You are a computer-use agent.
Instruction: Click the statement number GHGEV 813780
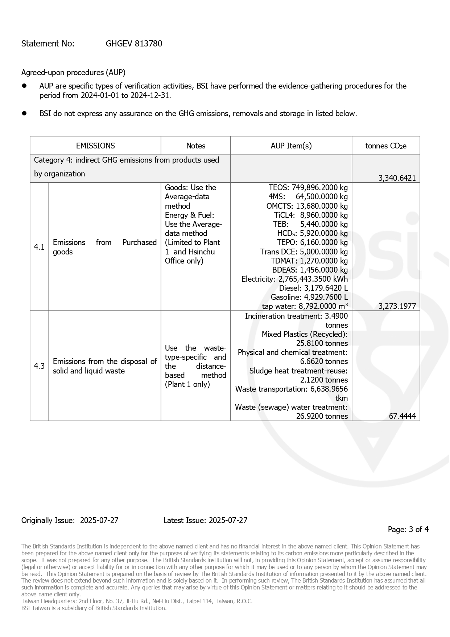tap(134, 44)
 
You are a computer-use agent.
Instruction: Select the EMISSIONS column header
tap(95, 146)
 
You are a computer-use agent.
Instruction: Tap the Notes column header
tap(195, 146)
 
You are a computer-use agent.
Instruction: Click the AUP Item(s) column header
tap(291, 146)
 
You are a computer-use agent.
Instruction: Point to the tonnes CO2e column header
tap(385, 146)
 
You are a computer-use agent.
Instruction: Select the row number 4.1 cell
tap(39, 247)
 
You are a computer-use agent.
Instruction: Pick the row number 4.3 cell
tap(39, 366)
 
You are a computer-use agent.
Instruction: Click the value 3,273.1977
tap(397, 306)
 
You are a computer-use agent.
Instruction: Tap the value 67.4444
tap(402, 416)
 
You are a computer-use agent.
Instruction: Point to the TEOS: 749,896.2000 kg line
tap(308, 188)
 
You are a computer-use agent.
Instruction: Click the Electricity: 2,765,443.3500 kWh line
tap(294, 279)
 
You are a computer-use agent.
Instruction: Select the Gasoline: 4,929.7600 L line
tap(309, 297)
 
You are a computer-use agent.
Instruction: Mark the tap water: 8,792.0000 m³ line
tap(305, 306)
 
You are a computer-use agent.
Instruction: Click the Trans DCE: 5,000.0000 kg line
tap(304, 252)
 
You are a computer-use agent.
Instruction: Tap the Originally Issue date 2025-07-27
tap(99, 520)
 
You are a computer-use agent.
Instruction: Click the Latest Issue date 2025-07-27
tap(228, 520)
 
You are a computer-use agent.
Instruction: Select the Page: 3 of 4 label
tap(408, 530)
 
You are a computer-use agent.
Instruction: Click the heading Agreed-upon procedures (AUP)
tap(73, 73)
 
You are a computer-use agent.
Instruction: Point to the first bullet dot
tap(25, 86)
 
